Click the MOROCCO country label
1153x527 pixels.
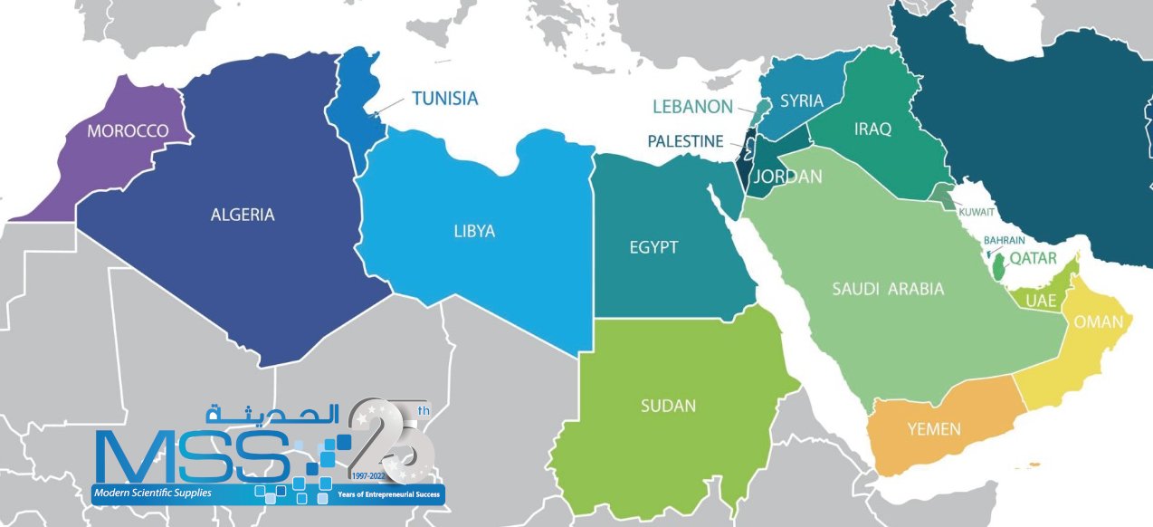128,131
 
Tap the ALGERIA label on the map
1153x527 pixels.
242,215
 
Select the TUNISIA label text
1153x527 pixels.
444,99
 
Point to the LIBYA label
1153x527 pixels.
474,231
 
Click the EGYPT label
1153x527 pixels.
653,247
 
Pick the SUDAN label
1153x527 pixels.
668,406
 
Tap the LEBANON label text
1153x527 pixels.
692,107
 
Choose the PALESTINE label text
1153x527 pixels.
685,141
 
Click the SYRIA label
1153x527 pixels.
802,101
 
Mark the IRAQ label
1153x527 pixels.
872,129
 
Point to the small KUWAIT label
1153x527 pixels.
977,212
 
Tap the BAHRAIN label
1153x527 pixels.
1005,240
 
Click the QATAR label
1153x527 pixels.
1034,258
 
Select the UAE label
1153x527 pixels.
1042,300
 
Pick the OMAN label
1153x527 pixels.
1099,321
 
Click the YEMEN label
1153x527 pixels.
933,428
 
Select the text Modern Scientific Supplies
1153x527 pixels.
151,493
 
